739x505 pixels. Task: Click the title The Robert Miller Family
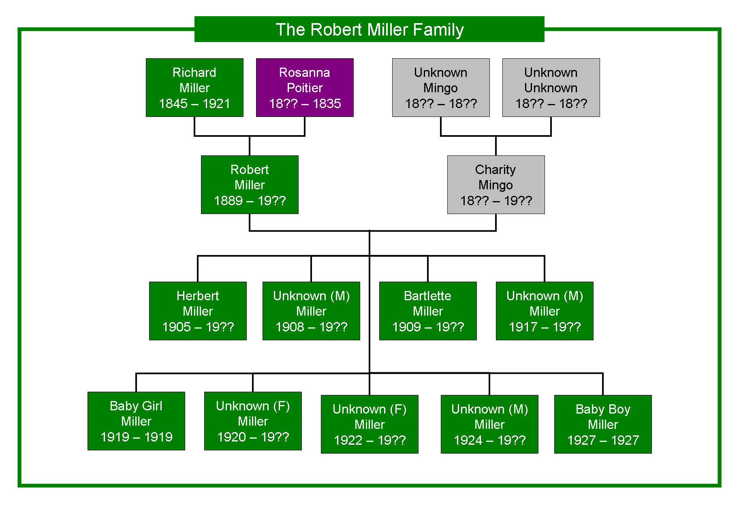click(369, 30)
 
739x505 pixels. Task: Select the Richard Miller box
click(194, 87)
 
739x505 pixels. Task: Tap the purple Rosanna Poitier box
click(305, 87)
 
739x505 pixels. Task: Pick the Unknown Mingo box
click(441, 87)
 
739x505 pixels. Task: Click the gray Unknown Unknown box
click(551, 87)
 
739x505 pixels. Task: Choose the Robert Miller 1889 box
click(250, 185)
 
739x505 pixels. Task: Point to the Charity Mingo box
click(496, 185)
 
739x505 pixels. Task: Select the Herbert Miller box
click(198, 311)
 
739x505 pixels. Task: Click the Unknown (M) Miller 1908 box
click(311, 311)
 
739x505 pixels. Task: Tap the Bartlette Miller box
click(428, 311)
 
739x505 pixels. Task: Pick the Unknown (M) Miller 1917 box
click(545, 311)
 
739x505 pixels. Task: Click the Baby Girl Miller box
click(136, 421)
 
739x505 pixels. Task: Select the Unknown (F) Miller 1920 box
click(253, 421)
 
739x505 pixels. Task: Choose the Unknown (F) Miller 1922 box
click(369, 424)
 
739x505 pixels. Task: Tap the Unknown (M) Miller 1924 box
click(489, 424)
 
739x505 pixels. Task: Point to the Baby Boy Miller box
click(603, 424)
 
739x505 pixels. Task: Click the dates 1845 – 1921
click(194, 104)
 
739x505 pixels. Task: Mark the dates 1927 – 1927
click(603, 440)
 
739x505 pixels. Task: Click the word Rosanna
click(305, 72)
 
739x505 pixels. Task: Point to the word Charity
click(496, 170)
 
